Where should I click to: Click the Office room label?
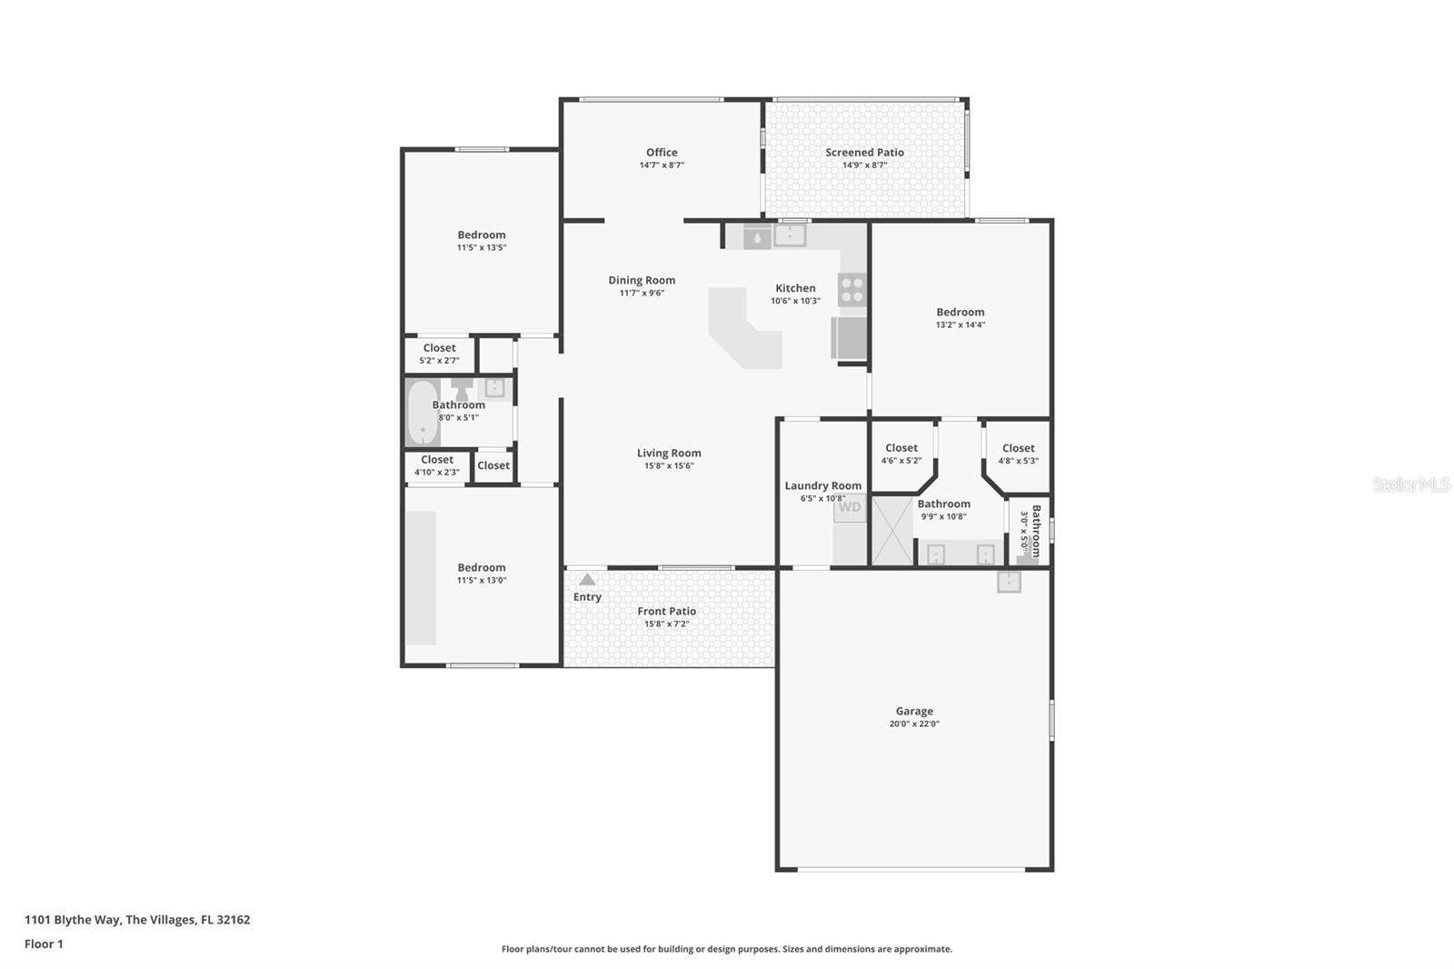[662, 153]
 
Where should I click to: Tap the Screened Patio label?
[864, 153]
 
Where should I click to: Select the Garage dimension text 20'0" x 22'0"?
[914, 724]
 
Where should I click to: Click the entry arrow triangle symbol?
[587, 580]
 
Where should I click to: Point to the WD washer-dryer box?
[850, 507]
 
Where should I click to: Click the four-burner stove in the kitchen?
[852, 290]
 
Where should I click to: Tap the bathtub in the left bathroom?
[422, 413]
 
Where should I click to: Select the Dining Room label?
[642, 280]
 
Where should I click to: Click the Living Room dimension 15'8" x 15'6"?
[669, 466]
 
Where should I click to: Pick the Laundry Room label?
[822, 485]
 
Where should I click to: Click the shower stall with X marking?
[892, 531]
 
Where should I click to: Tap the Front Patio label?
[666, 612]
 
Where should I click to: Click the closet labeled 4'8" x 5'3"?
[1018, 454]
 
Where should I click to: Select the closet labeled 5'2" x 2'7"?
[439, 354]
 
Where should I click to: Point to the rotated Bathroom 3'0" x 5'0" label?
[1031, 532]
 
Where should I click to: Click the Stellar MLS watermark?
[1410, 485]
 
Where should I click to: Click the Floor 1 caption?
[44, 944]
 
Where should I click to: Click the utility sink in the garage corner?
[1009, 582]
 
